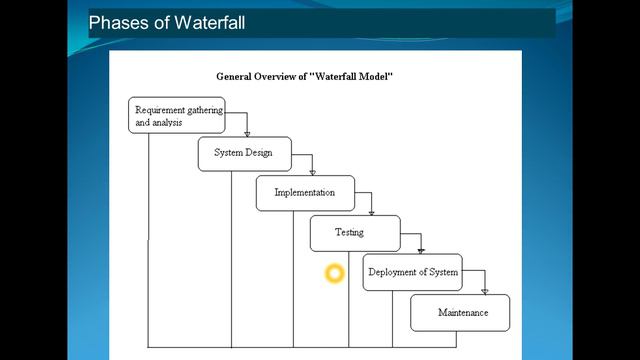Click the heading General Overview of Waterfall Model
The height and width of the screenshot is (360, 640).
(311, 76)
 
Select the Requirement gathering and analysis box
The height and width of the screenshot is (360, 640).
(176, 116)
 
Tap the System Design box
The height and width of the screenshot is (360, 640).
(244, 154)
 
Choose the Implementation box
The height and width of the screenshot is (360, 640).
(305, 193)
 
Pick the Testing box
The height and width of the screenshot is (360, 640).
(354, 233)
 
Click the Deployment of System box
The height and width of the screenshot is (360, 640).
(412, 272)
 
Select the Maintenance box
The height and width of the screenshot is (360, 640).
(460, 313)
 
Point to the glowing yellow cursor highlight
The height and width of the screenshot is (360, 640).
(334, 273)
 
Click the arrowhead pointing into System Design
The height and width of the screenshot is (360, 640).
(247, 132)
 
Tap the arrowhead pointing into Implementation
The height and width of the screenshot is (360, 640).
(312, 171)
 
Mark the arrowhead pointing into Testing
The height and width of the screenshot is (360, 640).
(371, 211)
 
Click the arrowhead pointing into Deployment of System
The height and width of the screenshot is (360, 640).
(421, 250)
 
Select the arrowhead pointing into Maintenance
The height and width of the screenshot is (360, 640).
(485, 290)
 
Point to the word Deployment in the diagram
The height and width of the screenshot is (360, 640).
(392, 272)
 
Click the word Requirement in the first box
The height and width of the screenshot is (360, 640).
(158, 109)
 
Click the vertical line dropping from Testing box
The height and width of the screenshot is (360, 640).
(348, 300)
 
